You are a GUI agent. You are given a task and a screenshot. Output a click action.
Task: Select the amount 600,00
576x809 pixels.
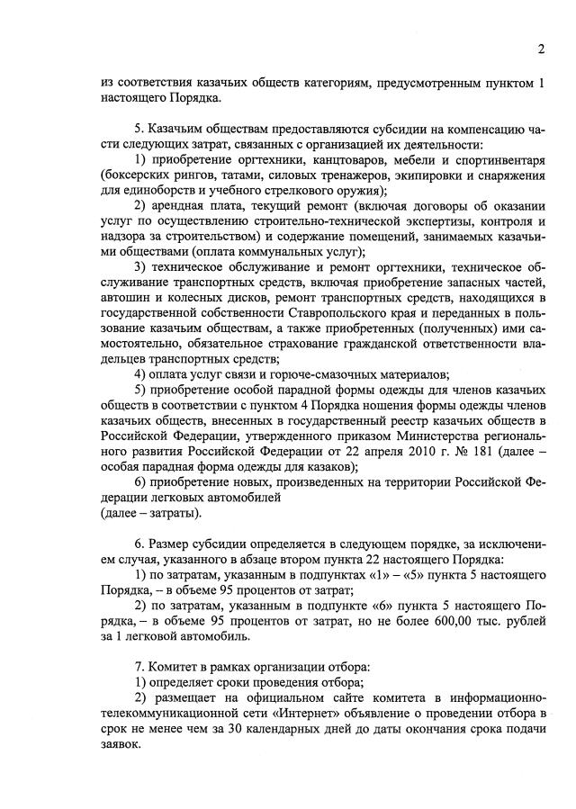(x=449, y=621)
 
